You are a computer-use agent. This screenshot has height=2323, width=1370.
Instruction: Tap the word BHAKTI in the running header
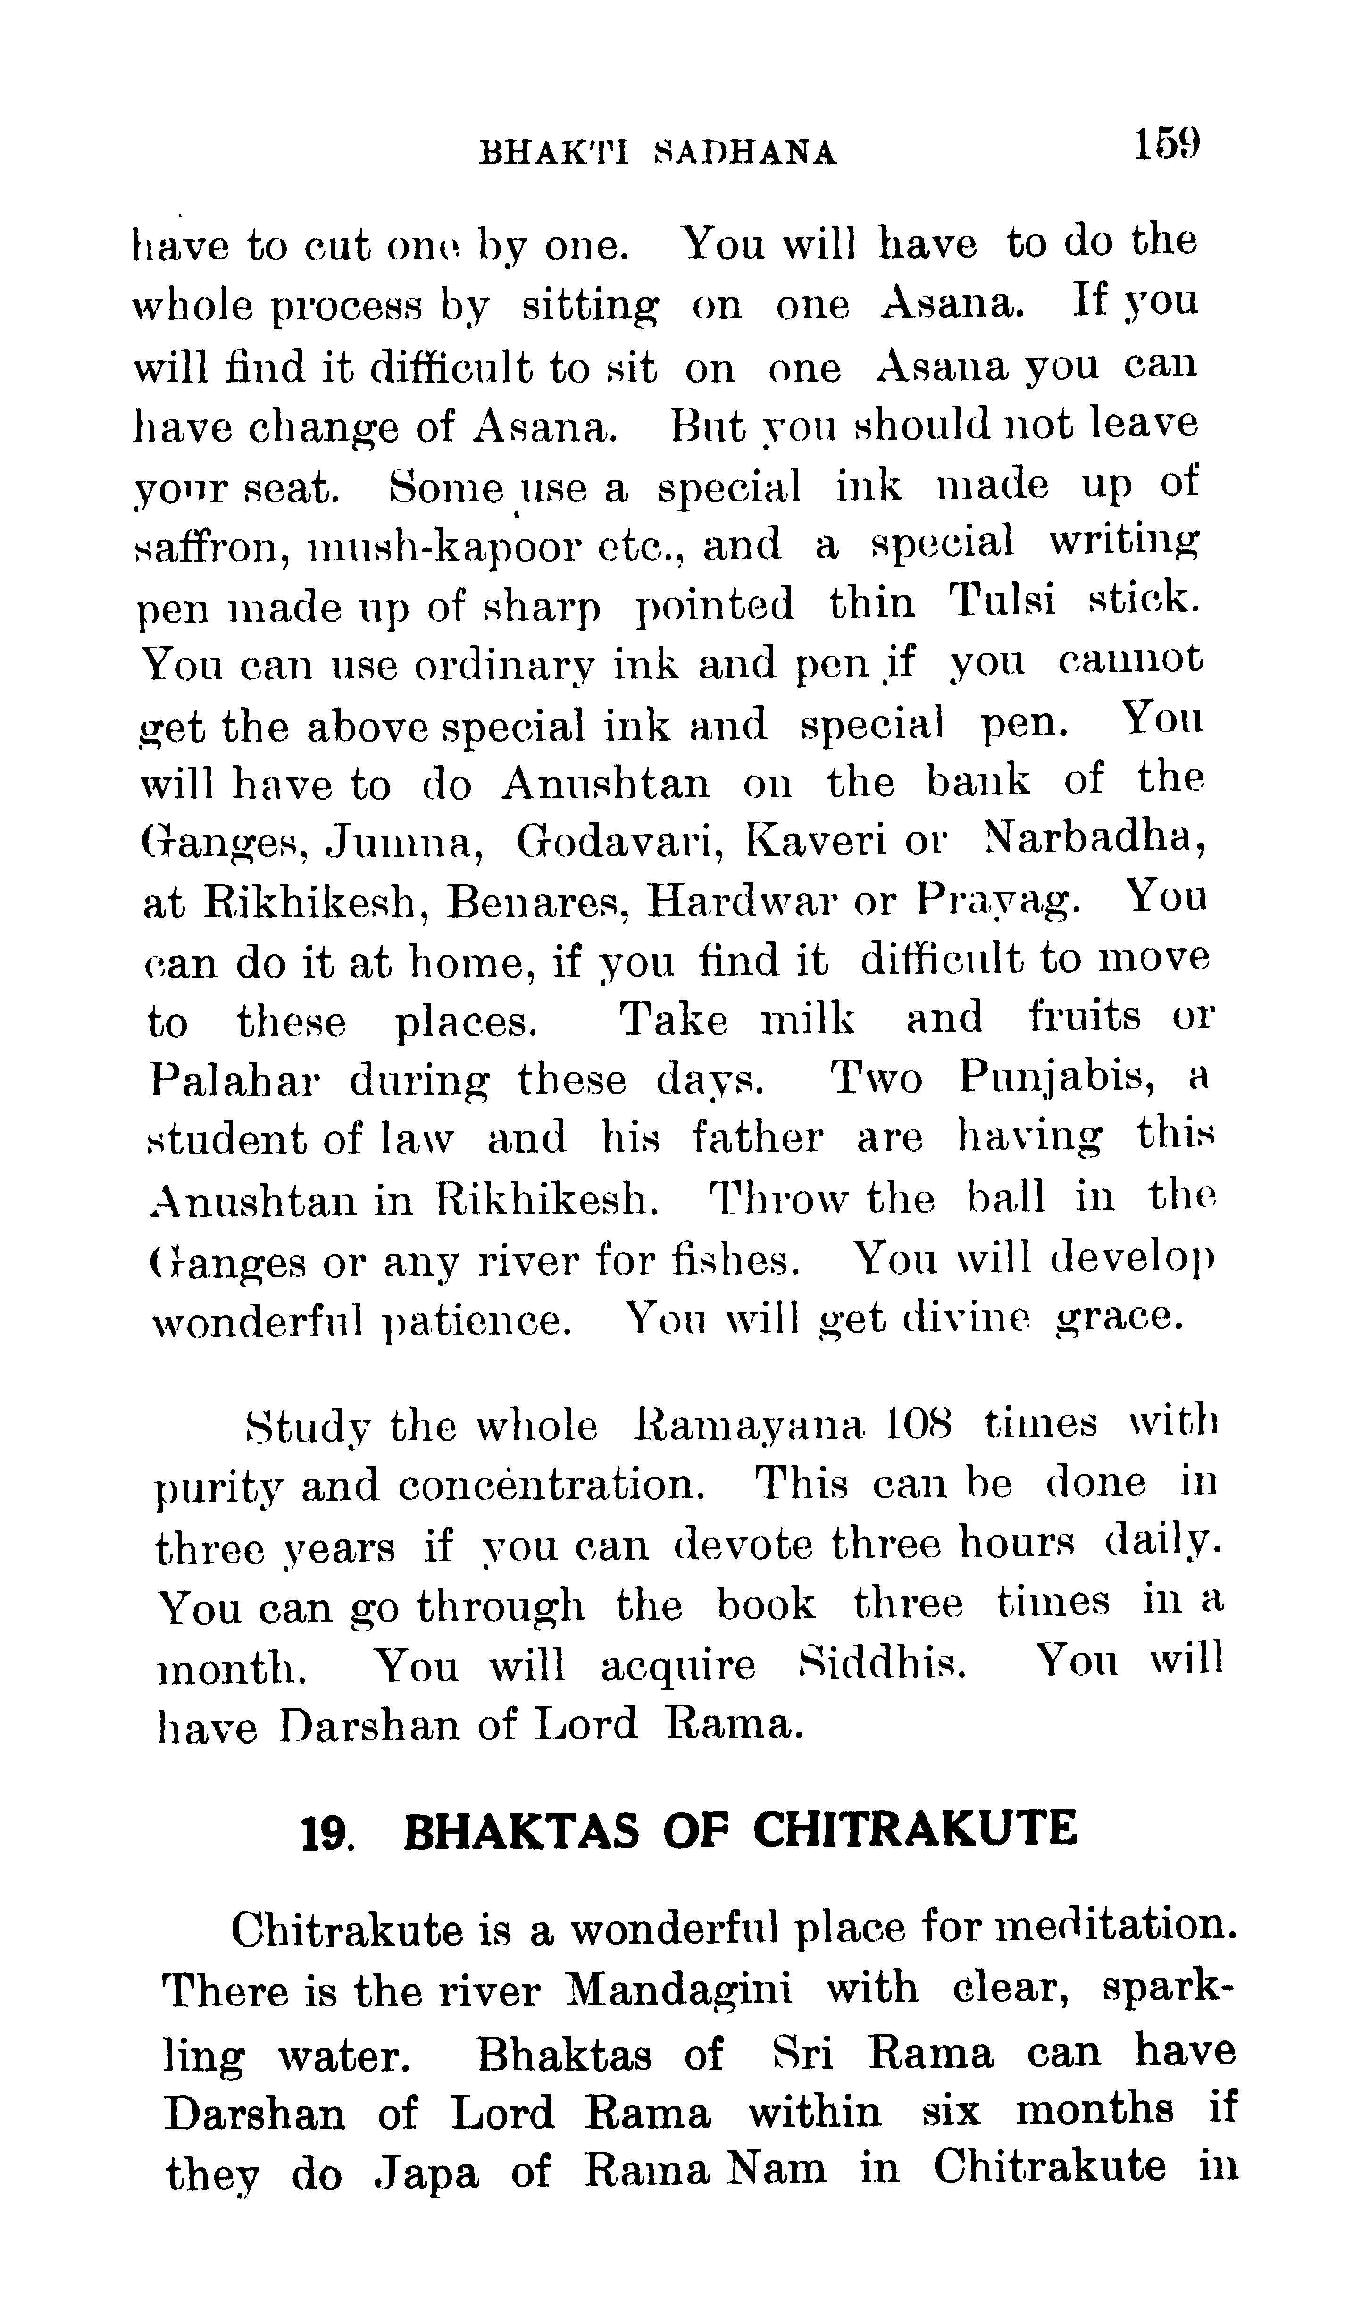tap(554, 152)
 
